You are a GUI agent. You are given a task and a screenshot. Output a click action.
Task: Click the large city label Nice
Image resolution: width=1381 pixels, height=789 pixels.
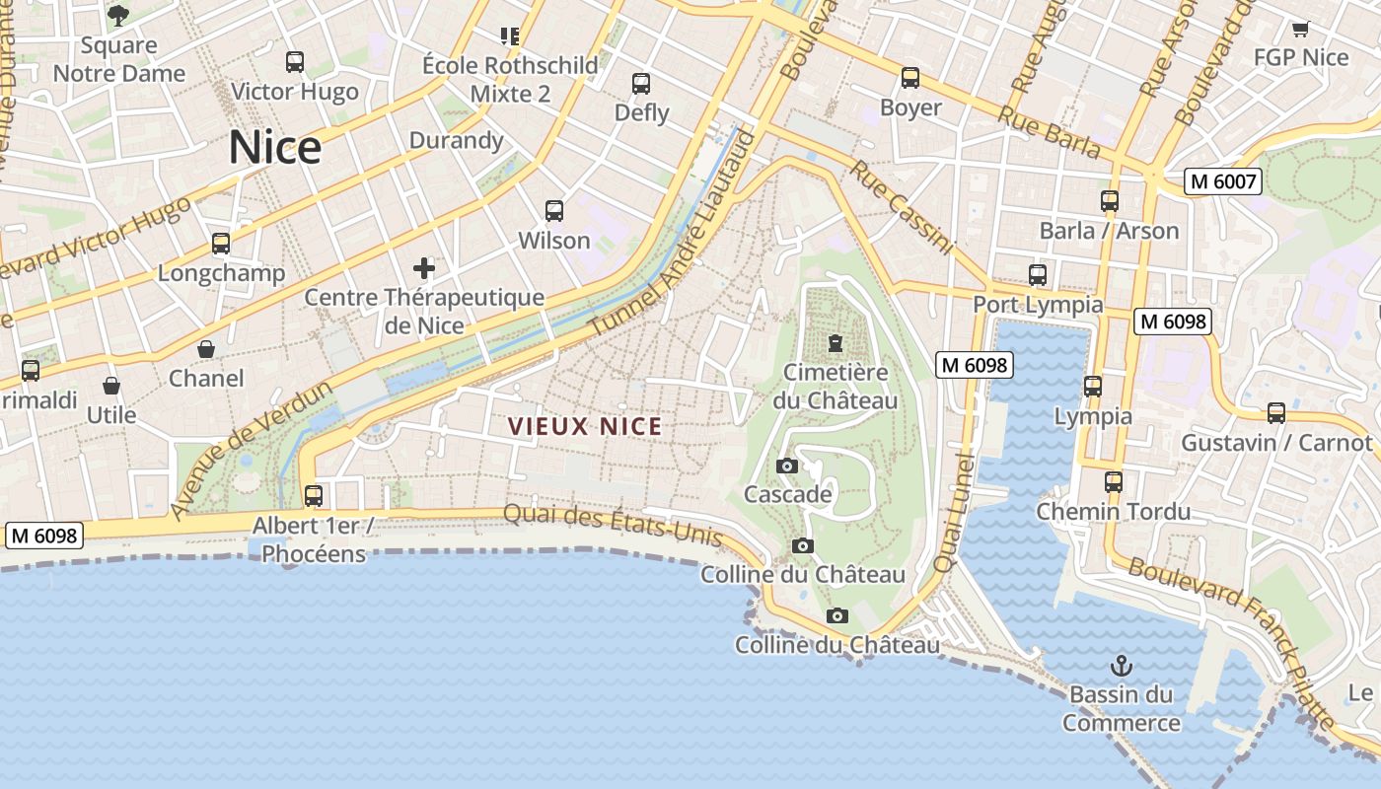(x=275, y=148)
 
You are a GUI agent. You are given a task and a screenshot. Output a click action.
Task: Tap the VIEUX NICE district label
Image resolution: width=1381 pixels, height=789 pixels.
(x=585, y=427)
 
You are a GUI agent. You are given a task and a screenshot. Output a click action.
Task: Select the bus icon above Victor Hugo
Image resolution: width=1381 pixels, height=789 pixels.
(x=295, y=62)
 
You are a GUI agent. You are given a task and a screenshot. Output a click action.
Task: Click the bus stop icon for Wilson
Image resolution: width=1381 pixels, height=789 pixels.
(x=554, y=211)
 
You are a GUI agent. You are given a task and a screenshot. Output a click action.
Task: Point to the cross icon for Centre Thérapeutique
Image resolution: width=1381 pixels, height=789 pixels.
(x=424, y=268)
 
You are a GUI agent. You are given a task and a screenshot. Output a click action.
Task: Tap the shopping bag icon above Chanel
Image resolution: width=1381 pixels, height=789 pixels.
(x=206, y=349)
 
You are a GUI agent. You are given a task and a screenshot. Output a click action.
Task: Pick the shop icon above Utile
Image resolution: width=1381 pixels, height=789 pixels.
(x=111, y=386)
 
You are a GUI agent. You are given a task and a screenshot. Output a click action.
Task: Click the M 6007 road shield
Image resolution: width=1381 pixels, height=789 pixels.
(x=1223, y=181)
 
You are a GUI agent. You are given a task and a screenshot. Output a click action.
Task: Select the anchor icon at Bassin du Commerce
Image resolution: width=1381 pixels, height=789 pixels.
(x=1121, y=666)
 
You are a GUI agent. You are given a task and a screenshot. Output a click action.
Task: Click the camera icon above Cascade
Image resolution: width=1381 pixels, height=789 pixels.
(x=787, y=466)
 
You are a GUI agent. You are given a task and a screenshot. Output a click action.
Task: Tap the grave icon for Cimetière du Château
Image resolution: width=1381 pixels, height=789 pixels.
(x=836, y=344)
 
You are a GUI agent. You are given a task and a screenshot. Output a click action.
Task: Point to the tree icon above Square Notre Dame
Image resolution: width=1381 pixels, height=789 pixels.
(x=118, y=16)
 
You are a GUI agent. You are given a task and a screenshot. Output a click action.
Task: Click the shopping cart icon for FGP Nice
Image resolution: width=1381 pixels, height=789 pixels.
(x=1300, y=29)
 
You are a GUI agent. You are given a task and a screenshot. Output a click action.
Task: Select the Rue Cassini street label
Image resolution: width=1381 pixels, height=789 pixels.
(x=901, y=207)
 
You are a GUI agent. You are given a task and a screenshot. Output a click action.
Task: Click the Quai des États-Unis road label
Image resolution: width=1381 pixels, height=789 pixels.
(x=613, y=524)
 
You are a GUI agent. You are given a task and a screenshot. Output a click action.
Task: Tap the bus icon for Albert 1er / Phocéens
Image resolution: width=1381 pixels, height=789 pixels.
(x=314, y=496)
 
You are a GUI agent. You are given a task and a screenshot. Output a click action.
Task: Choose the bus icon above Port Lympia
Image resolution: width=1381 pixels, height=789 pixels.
(x=1038, y=275)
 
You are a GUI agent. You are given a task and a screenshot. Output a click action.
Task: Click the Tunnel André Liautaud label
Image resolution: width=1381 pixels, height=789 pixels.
(x=674, y=234)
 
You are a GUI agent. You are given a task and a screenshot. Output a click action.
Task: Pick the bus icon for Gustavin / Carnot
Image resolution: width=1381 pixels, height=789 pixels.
(x=1276, y=413)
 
